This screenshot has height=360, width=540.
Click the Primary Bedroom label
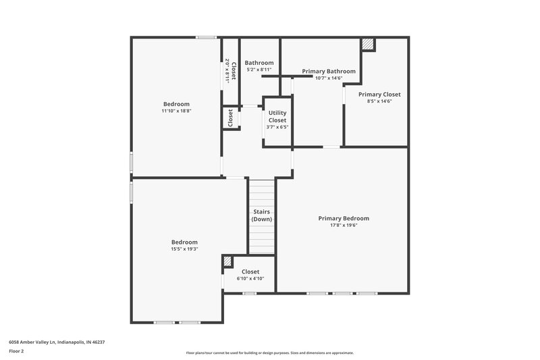click(x=344, y=218)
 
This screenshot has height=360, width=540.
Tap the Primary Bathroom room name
click(x=329, y=71)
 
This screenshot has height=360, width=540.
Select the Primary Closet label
click(x=379, y=95)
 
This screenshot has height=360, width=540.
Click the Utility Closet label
click(x=277, y=116)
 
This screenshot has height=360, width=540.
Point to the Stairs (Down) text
click(x=262, y=215)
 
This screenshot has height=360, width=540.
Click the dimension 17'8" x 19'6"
click(x=344, y=226)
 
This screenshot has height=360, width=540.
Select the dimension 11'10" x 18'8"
click(x=175, y=111)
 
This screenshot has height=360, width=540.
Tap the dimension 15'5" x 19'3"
click(x=184, y=249)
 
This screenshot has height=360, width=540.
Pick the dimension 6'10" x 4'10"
click(x=250, y=278)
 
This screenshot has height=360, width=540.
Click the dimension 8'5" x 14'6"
click(x=379, y=101)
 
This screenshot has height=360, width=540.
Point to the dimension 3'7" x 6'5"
click(x=277, y=127)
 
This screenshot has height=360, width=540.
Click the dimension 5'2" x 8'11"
click(x=259, y=70)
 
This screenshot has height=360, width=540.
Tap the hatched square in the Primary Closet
click(x=367, y=44)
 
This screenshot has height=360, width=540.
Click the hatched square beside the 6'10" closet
click(x=228, y=261)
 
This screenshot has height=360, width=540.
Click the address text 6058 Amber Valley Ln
click(x=57, y=342)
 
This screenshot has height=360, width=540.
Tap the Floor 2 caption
click(x=17, y=351)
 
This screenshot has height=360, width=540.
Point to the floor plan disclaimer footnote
click(x=269, y=353)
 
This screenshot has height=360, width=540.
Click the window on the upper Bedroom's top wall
click(x=206, y=37)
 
